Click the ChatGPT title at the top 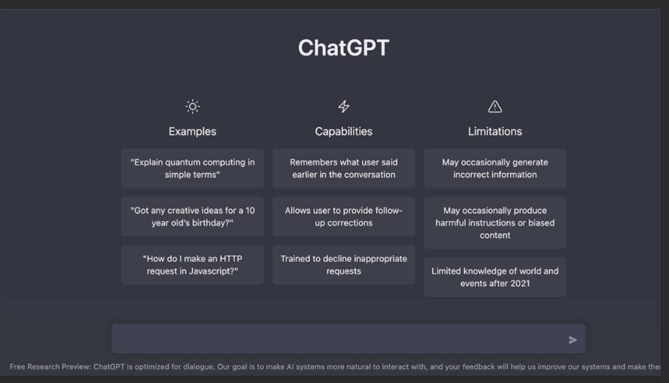tap(343, 48)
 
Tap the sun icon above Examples tap(192, 106)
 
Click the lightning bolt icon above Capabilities tap(344, 106)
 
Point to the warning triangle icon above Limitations tap(495, 106)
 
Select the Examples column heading tap(192, 132)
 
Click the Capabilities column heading tap(344, 132)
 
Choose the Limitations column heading tap(495, 132)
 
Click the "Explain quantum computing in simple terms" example tap(192, 169)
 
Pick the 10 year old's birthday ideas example tap(192, 217)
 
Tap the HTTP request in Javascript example tap(192, 265)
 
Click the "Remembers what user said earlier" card tap(344, 169)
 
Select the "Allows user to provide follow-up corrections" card tap(344, 217)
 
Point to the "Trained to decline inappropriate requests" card tap(344, 265)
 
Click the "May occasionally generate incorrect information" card tap(495, 169)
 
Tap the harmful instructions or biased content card tap(495, 223)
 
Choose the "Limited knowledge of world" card tap(495, 277)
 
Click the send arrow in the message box tap(572, 340)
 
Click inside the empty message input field tap(333, 339)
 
